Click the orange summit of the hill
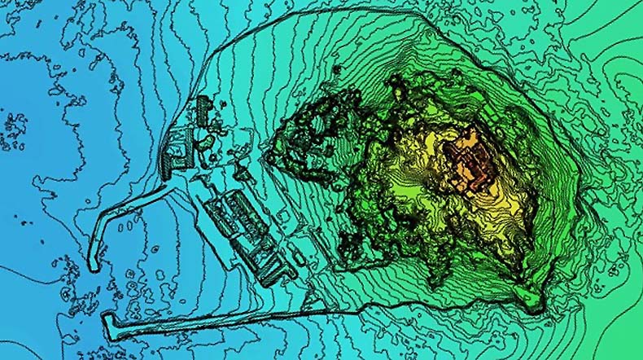pos(468,159)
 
